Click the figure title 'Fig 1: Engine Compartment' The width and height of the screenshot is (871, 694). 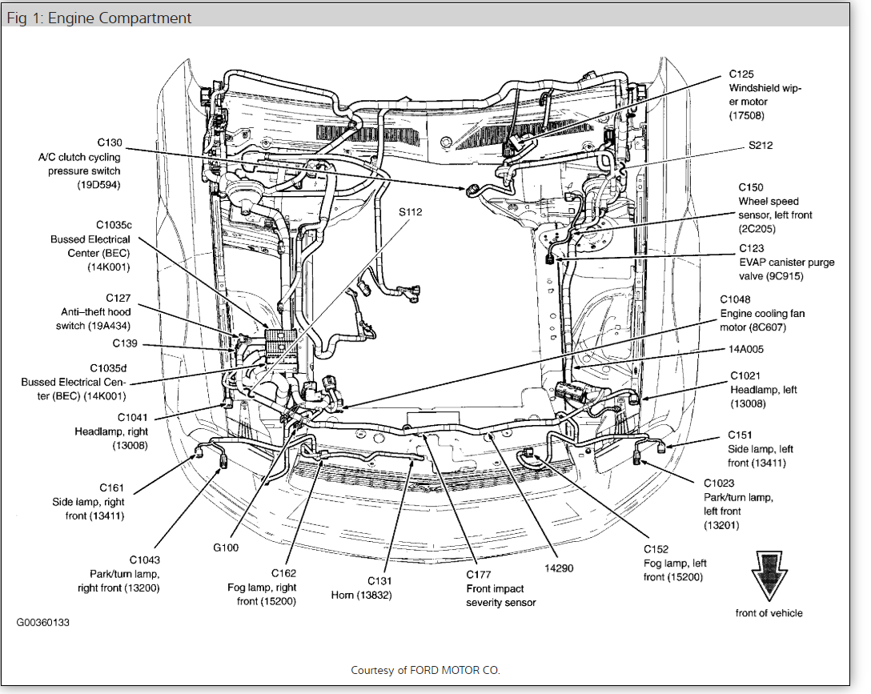[99, 18]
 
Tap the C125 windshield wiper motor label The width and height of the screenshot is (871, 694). [765, 95]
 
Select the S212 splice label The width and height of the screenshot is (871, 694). [761, 146]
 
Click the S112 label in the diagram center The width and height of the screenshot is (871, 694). [410, 212]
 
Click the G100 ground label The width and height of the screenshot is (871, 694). [227, 548]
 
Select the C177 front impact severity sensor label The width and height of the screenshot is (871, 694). [500, 588]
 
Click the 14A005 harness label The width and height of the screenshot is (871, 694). [746, 349]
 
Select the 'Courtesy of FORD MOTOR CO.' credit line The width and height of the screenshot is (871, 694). [425, 670]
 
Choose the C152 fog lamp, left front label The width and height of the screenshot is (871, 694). [676, 563]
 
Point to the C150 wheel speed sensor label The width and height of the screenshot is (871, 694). [769, 208]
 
